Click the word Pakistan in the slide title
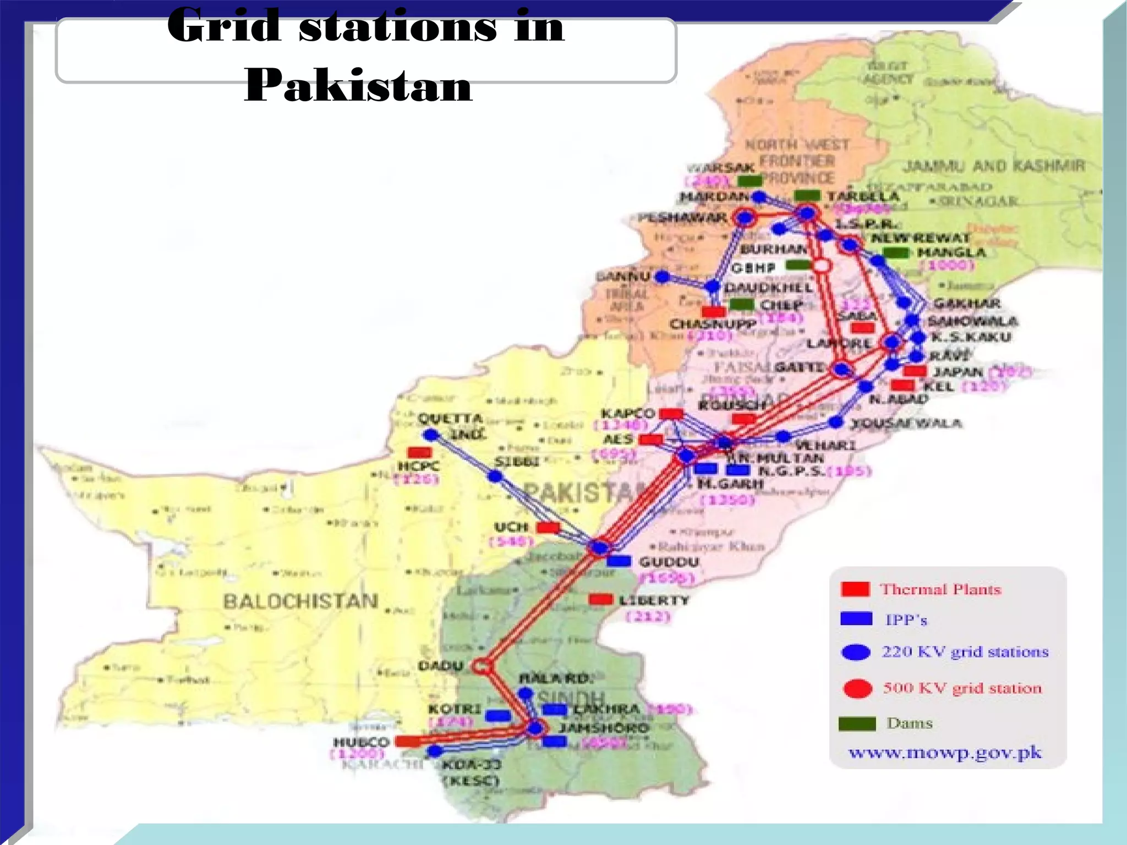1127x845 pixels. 358,86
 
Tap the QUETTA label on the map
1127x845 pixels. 450,419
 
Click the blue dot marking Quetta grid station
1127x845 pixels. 431,435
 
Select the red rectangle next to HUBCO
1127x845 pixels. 408,741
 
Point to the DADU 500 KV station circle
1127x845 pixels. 482,667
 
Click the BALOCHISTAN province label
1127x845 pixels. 300,601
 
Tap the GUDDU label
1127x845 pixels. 669,562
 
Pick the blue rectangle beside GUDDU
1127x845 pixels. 619,561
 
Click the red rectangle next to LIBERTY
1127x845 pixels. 600,599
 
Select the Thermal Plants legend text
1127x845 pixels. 940,589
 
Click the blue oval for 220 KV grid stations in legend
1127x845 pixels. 856,652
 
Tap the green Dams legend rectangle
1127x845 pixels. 857,723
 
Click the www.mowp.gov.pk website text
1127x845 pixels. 945,752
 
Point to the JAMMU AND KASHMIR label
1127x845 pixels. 994,166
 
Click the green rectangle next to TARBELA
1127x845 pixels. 807,195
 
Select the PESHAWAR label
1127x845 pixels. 682,218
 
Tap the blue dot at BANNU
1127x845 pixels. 663,277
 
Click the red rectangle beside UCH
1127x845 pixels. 548,528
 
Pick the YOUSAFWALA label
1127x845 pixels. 906,423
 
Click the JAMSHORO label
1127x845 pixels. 604,728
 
